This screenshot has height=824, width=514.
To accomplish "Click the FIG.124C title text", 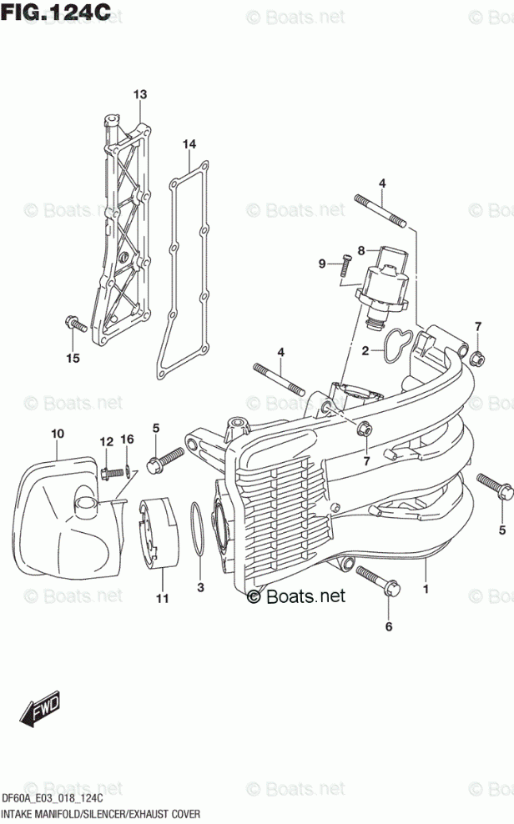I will click(57, 14).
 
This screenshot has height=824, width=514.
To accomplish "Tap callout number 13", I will click(139, 94).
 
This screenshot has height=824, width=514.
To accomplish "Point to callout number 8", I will click(361, 249).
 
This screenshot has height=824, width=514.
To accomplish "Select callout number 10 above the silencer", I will click(57, 433).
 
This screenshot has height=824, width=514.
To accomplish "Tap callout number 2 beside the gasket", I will click(365, 350).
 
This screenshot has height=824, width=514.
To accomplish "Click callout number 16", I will click(127, 439).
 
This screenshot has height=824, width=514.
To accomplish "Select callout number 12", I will click(107, 440).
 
